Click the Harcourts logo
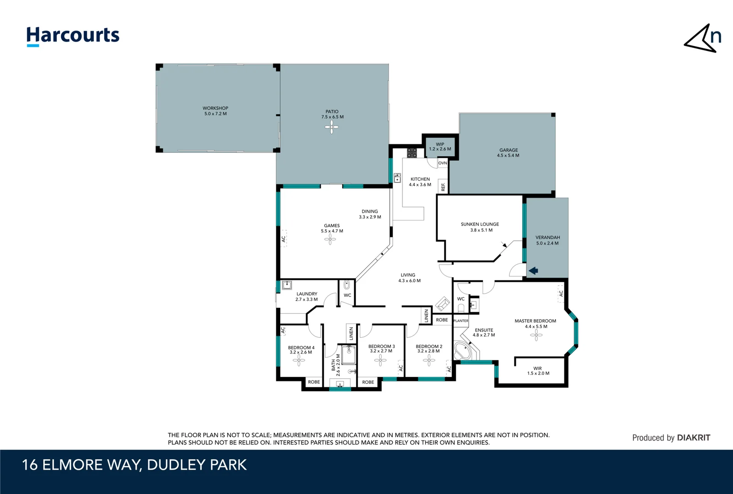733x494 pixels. pos(73,36)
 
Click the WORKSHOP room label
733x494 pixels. pos(215,111)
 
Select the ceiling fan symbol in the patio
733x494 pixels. pos(332,127)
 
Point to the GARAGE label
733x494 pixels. pos(508,153)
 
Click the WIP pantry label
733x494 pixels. pos(440,146)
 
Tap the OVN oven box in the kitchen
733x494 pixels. pos(442,163)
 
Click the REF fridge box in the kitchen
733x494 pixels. pos(443,186)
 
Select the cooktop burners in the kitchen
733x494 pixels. pos(412,153)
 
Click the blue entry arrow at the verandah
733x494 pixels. pos(533,271)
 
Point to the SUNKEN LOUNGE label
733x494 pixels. pos(480,227)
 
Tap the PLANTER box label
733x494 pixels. pos(460,321)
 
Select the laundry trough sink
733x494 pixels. pos(287,285)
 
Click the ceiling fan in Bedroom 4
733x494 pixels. pos(299,361)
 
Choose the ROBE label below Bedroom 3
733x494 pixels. pos(368,382)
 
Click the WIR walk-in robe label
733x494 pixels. pos(538,370)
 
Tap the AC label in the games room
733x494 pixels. pos(284,239)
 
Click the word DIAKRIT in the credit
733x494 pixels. pos(693,438)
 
